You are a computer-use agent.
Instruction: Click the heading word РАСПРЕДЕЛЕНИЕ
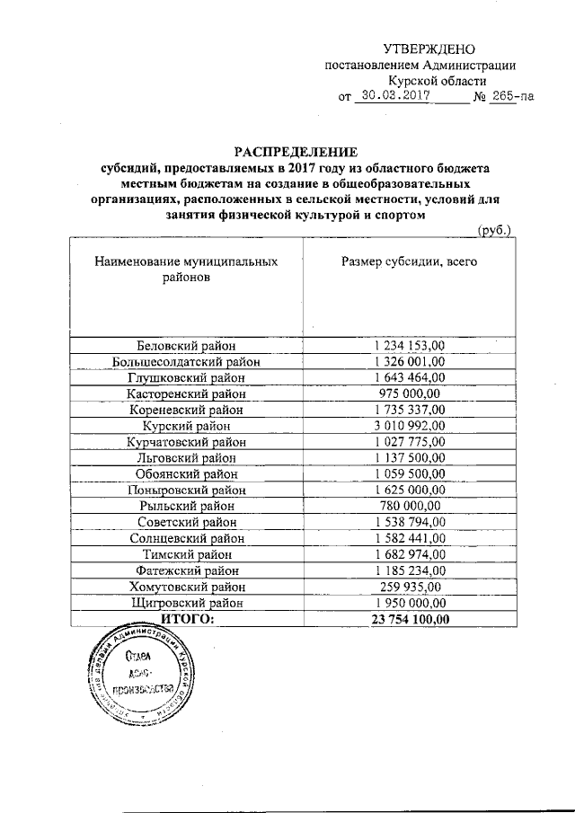point(296,151)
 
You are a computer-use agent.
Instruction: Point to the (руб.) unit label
point(494,231)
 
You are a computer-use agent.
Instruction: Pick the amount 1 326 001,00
point(409,360)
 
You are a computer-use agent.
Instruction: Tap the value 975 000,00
point(409,393)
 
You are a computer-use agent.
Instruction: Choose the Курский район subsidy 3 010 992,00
point(409,425)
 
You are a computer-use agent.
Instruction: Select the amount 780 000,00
point(409,506)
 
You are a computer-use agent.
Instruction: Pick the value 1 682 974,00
point(409,554)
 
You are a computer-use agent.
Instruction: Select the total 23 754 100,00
point(409,619)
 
